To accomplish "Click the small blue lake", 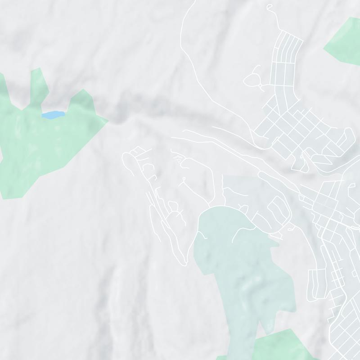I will coord(52,115).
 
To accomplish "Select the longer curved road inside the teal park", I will coord(243,227).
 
